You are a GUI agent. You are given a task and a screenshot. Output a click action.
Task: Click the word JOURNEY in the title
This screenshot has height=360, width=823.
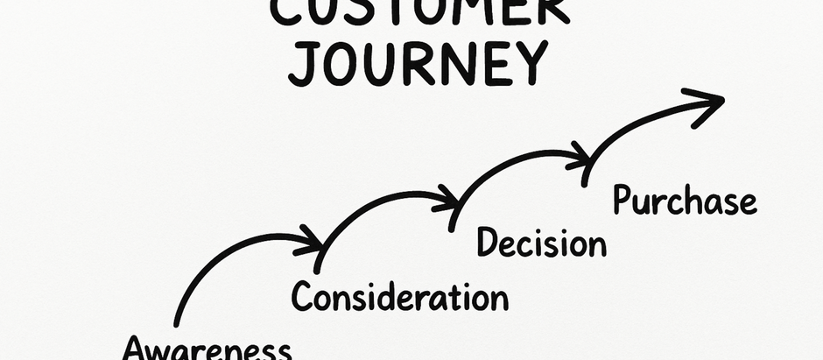coord(418,63)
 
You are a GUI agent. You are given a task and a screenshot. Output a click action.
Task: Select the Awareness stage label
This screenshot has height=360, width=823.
coord(207,349)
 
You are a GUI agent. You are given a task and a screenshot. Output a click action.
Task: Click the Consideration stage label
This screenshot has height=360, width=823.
coord(399,297)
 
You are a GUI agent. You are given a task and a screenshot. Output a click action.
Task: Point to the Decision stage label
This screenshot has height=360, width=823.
coord(541,243)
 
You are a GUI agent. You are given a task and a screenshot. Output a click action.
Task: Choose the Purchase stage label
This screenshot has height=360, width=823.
coord(684,201)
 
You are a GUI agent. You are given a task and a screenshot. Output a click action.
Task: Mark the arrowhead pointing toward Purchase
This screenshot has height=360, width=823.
coord(580,159)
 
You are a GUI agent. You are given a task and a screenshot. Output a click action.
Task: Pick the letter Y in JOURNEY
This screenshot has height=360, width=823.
coord(528,63)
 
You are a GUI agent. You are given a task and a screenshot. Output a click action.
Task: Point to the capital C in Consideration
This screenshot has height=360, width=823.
coord(302,297)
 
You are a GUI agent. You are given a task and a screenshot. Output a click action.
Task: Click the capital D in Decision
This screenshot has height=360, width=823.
coord(487,243)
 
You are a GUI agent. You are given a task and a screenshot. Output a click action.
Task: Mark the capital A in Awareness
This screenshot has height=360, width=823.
coord(136,349)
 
